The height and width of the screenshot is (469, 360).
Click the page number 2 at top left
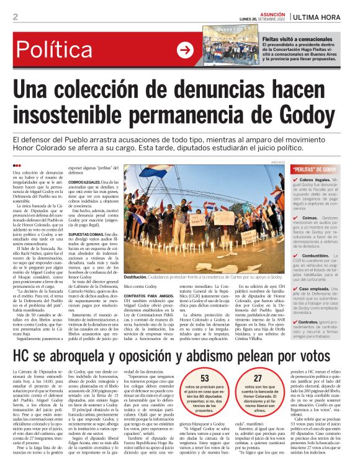click(15, 17)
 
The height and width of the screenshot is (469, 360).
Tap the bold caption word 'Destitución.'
click(137, 277)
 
